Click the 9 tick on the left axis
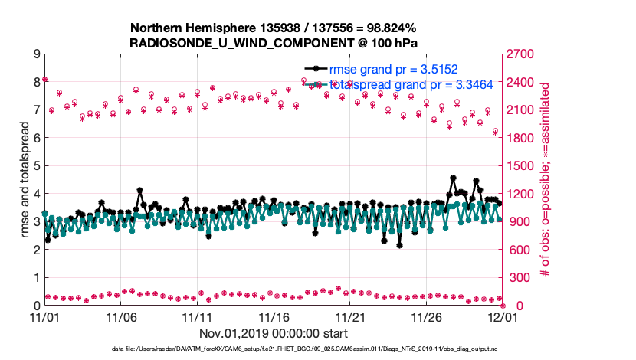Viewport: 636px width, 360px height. [36, 54]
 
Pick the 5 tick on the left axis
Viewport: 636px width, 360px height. [36, 165]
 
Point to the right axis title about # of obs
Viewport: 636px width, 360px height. [546, 180]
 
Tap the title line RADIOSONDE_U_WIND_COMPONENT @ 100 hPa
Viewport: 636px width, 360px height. [274, 41]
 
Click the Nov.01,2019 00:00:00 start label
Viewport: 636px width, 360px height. [274, 333]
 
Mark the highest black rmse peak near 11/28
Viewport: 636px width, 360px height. [454, 178]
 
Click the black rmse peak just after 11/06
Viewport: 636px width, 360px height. [139, 190]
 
